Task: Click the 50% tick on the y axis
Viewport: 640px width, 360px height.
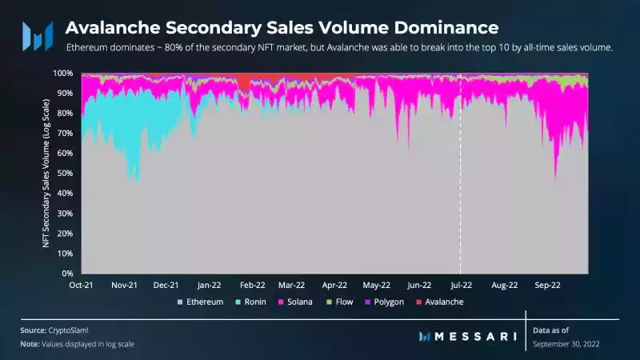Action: (x=66, y=173)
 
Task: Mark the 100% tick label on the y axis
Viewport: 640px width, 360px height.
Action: (x=64, y=73)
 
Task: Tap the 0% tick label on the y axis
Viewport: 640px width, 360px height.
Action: (x=69, y=274)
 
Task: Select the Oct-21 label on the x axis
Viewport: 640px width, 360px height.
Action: (x=82, y=284)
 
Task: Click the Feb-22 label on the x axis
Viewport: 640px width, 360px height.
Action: (x=252, y=284)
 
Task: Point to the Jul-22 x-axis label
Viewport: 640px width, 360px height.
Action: (x=461, y=284)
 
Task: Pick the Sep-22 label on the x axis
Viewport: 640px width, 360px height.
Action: (x=546, y=284)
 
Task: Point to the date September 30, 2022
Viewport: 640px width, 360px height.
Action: (x=566, y=343)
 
